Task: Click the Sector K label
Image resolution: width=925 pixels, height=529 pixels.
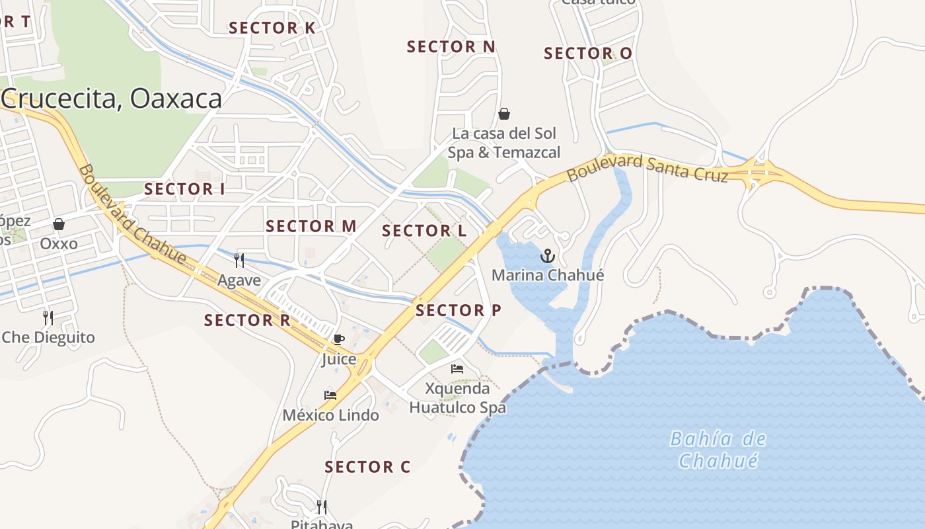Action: [272, 28]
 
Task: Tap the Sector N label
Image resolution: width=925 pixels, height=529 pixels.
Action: [451, 47]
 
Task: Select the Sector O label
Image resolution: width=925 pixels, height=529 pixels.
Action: [587, 54]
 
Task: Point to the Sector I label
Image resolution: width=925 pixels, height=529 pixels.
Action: [184, 189]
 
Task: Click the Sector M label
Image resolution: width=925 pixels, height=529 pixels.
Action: [311, 226]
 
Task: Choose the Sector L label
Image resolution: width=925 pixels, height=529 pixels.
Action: [424, 231]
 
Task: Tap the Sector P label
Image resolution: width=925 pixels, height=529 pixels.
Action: [458, 310]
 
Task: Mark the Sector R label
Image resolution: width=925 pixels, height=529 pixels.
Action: [247, 321]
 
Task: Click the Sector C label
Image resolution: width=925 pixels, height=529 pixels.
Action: [367, 467]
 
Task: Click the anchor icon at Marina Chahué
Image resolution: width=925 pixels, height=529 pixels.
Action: [548, 256]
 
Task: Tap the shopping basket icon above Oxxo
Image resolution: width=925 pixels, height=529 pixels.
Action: [59, 225]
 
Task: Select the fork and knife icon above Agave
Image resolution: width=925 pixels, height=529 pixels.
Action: [239, 261]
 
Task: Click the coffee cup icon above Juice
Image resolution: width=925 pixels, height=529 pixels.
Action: [339, 340]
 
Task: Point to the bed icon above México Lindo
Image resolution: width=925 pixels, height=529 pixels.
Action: [330, 395]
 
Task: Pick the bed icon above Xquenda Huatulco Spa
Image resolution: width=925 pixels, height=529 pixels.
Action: [457, 368]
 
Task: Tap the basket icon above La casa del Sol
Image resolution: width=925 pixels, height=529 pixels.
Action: [504, 114]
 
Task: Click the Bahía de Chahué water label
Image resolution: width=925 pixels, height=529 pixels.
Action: [718, 449]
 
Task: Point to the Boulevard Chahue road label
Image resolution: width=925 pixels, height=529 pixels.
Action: [131, 215]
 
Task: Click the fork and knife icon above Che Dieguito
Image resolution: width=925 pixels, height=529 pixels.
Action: [48, 318]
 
